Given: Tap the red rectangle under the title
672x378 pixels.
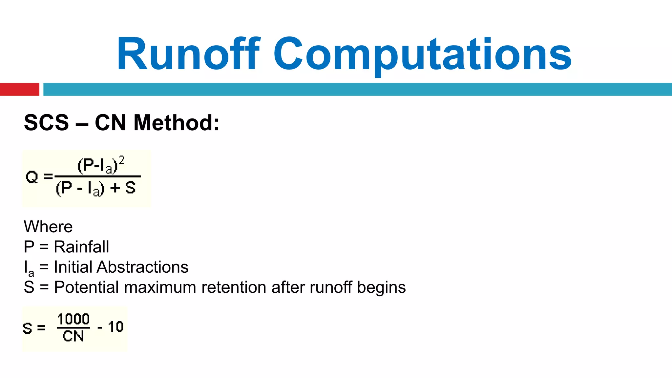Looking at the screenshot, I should click(x=19, y=89).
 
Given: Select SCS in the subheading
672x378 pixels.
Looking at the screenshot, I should click(x=47, y=123).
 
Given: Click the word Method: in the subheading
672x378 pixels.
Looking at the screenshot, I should click(x=176, y=123).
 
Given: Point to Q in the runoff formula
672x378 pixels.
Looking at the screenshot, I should click(x=32, y=177).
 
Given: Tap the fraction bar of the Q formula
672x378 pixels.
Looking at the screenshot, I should click(x=97, y=177).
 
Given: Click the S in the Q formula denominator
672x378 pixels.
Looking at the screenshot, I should click(x=130, y=188).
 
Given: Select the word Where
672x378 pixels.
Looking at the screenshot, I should click(x=48, y=227).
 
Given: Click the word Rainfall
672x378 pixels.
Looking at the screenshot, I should click(x=81, y=247).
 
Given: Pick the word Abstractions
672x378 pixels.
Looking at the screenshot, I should click(x=142, y=267).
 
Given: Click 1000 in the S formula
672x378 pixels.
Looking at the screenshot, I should click(x=73, y=319).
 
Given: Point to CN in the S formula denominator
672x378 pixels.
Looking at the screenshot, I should click(x=73, y=336).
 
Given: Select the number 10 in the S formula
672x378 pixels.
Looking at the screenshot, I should click(x=115, y=327).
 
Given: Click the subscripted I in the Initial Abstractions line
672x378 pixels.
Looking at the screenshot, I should click(x=26, y=267).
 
